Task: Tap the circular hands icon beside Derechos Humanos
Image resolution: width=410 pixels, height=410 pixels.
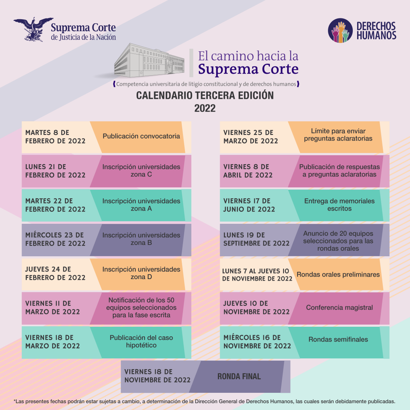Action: [340, 30]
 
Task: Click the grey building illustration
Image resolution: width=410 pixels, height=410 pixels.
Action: [149, 60]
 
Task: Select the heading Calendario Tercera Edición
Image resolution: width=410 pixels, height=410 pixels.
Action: [205, 95]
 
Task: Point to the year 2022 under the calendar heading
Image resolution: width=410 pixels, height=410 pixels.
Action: [205, 108]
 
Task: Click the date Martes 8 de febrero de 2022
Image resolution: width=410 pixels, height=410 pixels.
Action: [55, 137]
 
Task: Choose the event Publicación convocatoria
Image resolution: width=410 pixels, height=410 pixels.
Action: [141, 136]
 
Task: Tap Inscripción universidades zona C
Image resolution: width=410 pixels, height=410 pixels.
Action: [141, 171]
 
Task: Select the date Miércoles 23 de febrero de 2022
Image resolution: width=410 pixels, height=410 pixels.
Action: [55, 239]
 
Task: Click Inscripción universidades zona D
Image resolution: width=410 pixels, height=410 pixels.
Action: [141, 273]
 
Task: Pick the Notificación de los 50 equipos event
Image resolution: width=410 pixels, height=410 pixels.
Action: [141, 307]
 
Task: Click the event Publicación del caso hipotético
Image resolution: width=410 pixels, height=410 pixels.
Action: [141, 341]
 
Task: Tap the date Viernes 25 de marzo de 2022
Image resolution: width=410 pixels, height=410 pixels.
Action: [251, 137]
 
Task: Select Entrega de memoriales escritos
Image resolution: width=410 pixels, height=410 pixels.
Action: [340, 205]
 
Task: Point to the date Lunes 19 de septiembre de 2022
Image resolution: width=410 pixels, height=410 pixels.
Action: [256, 239]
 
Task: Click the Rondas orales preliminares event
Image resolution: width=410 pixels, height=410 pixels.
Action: [338, 275]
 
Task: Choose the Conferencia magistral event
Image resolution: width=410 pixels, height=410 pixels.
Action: [340, 307]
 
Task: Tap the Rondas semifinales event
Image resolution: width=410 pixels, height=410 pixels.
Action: [338, 340]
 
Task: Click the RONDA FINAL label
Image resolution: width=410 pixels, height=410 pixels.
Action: [239, 376]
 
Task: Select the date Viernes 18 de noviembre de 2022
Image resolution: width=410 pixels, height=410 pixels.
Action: [157, 376]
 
